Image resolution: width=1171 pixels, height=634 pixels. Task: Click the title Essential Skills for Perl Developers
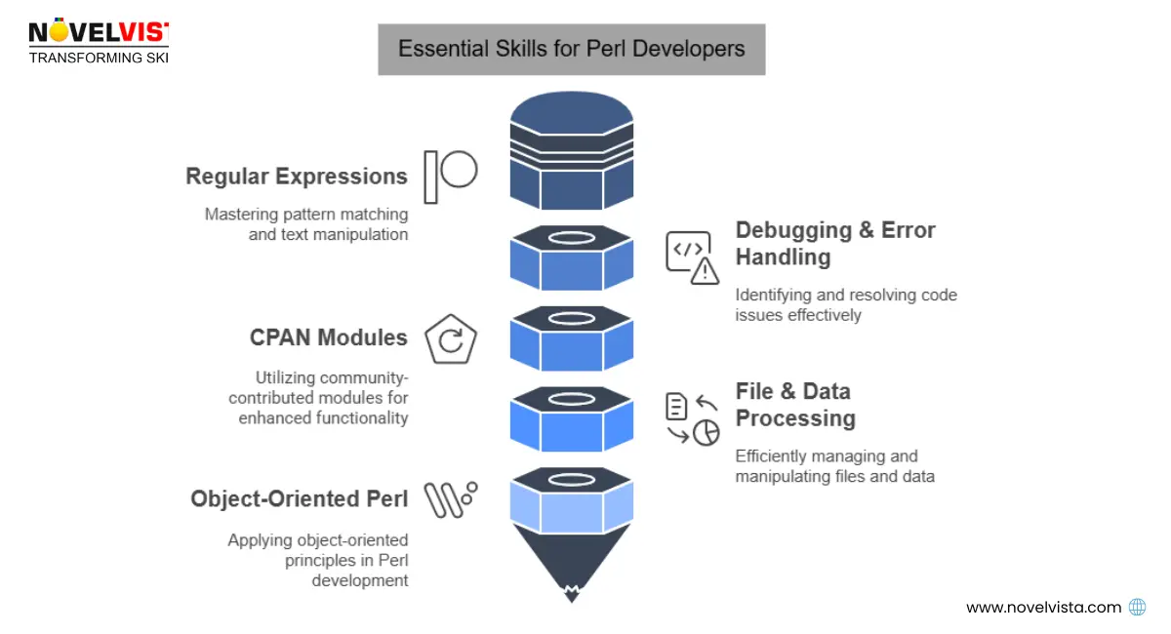tap(571, 49)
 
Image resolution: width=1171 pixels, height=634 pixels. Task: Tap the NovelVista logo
tap(98, 41)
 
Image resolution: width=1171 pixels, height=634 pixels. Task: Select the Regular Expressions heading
tap(297, 177)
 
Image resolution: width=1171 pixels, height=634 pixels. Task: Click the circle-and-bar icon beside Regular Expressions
tap(450, 176)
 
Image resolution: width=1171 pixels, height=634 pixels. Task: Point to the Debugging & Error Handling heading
tap(835, 244)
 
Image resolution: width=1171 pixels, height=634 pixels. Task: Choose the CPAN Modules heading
tap(328, 337)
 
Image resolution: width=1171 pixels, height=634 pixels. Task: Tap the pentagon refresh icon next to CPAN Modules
tap(451, 340)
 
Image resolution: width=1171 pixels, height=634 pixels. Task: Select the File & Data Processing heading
tap(795, 405)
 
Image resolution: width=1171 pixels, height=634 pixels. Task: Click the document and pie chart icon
tap(692, 418)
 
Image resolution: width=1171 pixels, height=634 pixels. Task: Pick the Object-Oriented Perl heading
tap(300, 498)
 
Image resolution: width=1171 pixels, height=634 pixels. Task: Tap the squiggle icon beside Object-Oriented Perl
tap(450, 500)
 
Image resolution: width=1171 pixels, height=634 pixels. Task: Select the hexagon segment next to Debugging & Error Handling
tap(572, 258)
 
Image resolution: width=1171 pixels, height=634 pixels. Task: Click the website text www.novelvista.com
tap(1044, 607)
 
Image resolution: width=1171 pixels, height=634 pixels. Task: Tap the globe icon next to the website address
tap(1137, 607)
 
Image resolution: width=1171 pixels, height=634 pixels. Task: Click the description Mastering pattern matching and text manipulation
tap(306, 223)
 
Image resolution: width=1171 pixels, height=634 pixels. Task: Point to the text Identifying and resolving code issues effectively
tap(846, 305)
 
